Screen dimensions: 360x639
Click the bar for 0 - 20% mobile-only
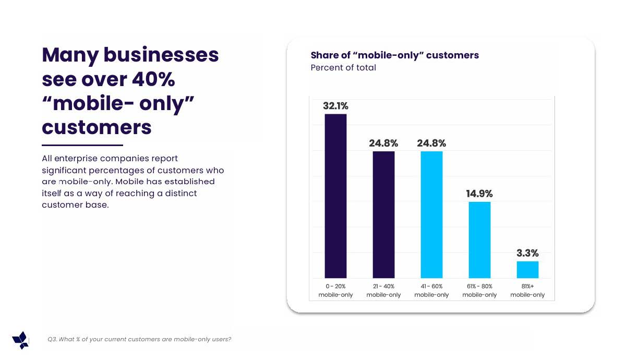coord(335,196)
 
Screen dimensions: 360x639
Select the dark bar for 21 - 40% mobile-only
coord(383,214)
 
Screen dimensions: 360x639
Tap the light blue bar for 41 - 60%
coord(431,214)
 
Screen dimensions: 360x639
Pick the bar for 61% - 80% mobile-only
coord(479,239)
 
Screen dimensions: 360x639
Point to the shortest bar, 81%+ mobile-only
coord(527,269)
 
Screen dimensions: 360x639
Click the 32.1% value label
coord(335,106)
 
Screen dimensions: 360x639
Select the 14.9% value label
coord(479,194)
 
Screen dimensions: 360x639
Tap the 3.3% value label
coord(527,253)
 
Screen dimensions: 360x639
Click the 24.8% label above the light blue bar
coord(431,143)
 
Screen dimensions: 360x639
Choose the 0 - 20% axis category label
coord(335,291)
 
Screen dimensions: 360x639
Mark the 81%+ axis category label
coord(527,291)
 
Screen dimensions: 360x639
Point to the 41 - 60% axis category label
coord(431,291)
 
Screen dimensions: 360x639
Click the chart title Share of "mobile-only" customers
coord(394,55)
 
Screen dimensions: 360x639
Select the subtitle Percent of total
coord(343,68)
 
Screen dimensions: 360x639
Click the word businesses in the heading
coord(161,55)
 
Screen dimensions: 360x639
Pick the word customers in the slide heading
coord(97,127)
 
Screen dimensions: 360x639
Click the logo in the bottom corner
coord(21,340)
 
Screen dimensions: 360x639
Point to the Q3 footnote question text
coord(139,340)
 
